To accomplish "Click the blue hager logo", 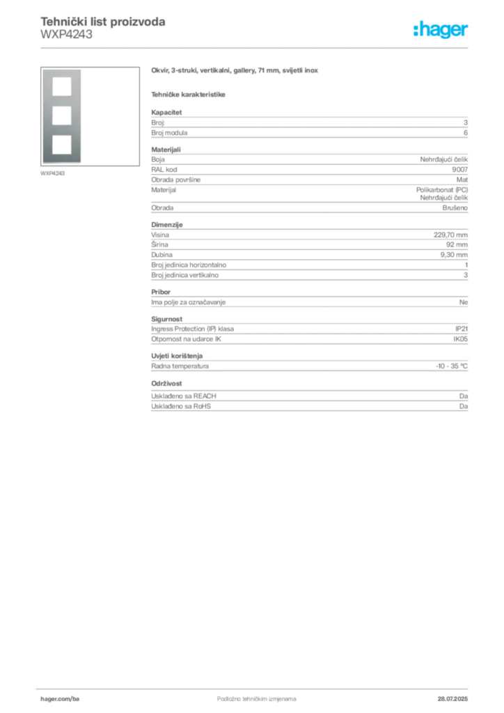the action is click(442, 31).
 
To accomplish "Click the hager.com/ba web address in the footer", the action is click(61, 697).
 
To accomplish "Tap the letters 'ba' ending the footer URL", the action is click(76, 697).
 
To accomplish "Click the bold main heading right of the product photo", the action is click(236, 70).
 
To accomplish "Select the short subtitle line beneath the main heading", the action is click(189, 94).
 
